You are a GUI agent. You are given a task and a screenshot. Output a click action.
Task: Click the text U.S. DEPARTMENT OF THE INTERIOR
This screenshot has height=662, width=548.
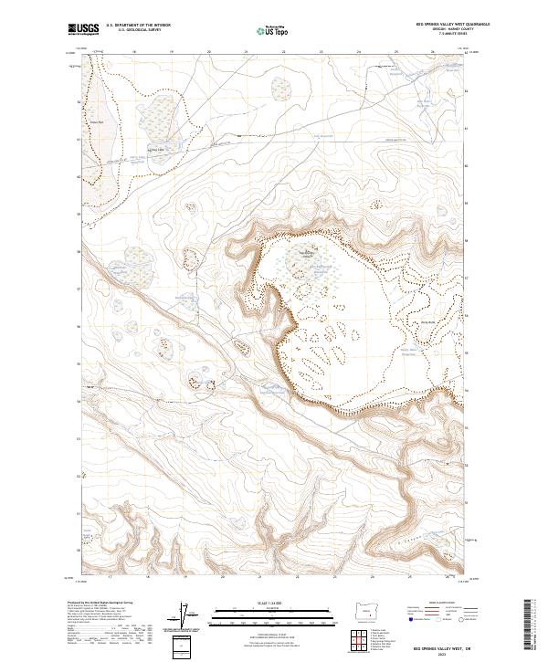(138, 26)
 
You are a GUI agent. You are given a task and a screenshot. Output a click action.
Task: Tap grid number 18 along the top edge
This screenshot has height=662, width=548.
(134, 52)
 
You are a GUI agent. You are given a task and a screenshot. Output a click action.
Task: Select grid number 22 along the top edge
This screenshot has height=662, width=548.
(284, 52)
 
